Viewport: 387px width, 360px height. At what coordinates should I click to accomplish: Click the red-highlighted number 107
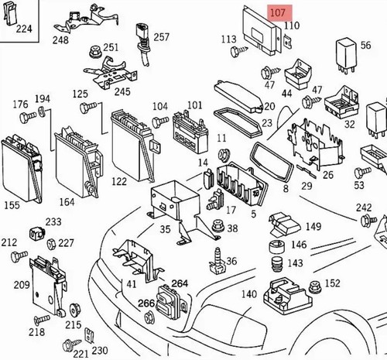278,12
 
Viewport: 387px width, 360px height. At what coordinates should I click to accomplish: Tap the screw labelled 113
238,50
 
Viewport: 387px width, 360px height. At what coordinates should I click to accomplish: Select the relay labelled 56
346,57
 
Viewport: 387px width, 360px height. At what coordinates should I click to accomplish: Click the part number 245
122,91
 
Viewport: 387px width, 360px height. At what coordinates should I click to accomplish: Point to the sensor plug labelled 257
142,44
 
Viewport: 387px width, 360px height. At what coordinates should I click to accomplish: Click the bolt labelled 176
28,117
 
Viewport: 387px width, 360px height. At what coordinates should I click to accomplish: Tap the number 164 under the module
67,202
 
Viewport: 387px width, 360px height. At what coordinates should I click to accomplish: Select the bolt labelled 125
88,108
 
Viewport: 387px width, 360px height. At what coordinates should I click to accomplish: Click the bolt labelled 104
160,122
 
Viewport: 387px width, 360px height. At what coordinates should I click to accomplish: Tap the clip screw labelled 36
217,261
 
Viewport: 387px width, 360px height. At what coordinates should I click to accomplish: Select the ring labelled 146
277,247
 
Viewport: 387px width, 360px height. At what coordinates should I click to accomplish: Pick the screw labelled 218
42,320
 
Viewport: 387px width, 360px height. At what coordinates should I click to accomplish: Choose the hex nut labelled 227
51,243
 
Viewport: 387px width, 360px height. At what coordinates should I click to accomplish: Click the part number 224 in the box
24,29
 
